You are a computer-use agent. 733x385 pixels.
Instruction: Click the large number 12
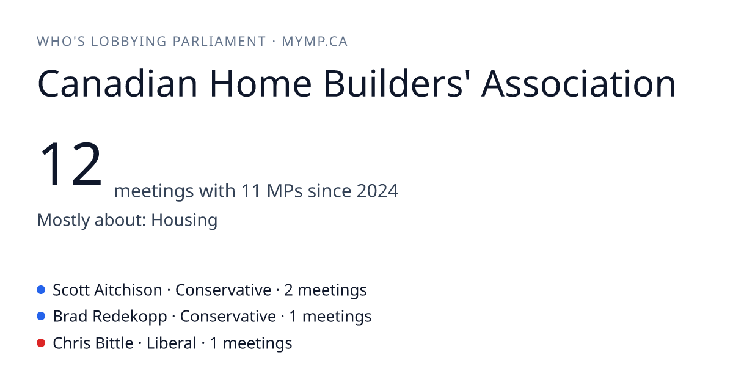71,163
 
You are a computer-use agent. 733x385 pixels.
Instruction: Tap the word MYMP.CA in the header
315,42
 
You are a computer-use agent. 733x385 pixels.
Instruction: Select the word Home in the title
260,84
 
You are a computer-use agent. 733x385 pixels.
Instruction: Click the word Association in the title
578,84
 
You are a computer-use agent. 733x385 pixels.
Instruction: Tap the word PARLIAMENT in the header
219,42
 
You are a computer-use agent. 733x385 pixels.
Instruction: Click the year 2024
377,191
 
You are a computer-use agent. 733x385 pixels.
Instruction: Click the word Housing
184,220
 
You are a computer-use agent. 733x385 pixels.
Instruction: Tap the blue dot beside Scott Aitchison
41,290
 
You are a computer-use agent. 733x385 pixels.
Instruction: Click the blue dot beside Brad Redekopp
41,316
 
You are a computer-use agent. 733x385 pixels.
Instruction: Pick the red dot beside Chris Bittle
41,343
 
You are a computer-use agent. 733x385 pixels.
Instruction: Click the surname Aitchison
128,290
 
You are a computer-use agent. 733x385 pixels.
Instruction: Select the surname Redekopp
130,317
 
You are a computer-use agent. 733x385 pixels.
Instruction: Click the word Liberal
171,343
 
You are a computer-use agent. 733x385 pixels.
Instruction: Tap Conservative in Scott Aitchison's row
223,290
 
